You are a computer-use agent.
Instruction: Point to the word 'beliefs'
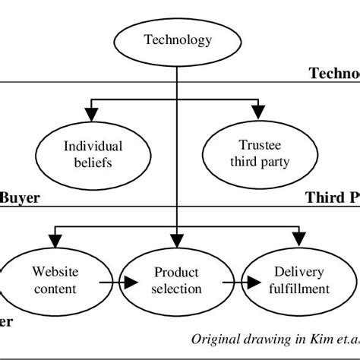point(91,162)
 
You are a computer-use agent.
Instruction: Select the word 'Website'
point(55,271)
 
